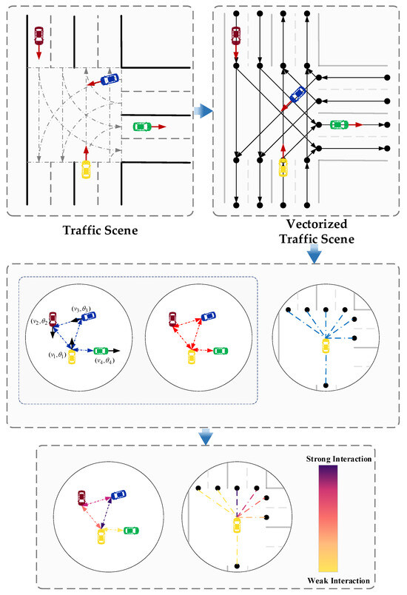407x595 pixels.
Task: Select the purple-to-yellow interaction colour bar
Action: click(x=337, y=518)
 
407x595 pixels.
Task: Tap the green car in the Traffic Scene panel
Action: click(x=141, y=126)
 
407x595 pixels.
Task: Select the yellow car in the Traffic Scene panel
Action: click(x=86, y=169)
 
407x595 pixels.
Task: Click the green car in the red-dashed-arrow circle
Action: click(x=218, y=350)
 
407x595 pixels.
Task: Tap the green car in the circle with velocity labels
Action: click(x=101, y=350)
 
